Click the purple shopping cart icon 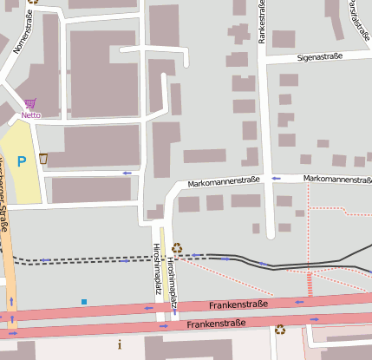(x=30, y=103)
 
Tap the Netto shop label (x=30, y=115)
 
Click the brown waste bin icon (x=43, y=158)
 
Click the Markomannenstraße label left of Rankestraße (x=224, y=181)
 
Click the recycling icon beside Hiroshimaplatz (x=177, y=247)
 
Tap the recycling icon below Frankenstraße (x=280, y=330)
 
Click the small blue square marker (x=84, y=302)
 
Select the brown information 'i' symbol (x=120, y=344)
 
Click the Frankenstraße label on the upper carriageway (x=239, y=304)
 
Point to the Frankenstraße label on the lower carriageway (x=216, y=324)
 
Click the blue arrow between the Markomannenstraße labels (x=277, y=178)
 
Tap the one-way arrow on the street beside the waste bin (x=127, y=173)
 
